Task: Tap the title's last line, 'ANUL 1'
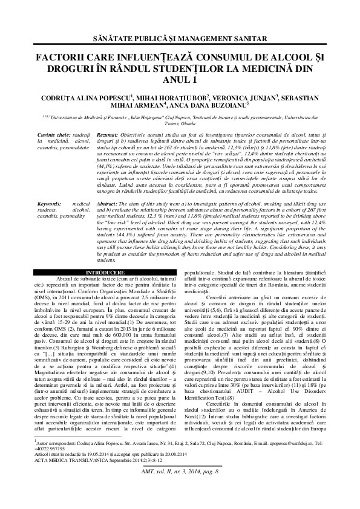[180, 79]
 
